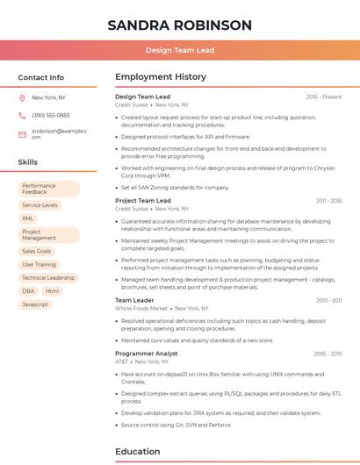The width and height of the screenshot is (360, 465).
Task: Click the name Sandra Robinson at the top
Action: click(x=179, y=25)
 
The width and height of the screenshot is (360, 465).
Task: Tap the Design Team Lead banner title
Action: click(x=179, y=50)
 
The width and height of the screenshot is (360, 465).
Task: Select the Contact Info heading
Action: click(x=40, y=77)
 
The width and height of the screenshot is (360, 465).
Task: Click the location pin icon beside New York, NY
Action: click(x=22, y=98)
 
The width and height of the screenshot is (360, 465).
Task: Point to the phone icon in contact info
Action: click(x=22, y=115)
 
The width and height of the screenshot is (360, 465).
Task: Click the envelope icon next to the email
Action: click(x=22, y=133)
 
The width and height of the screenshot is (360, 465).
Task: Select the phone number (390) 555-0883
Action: click(x=50, y=115)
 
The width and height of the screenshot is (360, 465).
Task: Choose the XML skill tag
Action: click(x=28, y=218)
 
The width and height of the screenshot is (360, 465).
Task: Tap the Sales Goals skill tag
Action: click(x=37, y=251)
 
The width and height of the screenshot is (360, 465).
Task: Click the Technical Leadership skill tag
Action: click(x=48, y=277)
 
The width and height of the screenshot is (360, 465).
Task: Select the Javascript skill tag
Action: click(x=35, y=304)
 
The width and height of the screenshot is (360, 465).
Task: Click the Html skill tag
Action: click(x=52, y=290)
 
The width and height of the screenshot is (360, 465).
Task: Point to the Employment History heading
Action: click(x=161, y=77)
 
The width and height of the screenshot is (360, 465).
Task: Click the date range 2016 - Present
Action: click(x=324, y=97)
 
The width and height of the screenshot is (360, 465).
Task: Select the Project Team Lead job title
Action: click(x=143, y=201)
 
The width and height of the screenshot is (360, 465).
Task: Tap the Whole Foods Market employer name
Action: click(x=141, y=309)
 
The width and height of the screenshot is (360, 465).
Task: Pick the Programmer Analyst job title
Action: click(x=147, y=353)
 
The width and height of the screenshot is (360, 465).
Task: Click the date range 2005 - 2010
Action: click(x=328, y=353)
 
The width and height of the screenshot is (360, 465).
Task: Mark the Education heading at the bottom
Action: click(x=139, y=452)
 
